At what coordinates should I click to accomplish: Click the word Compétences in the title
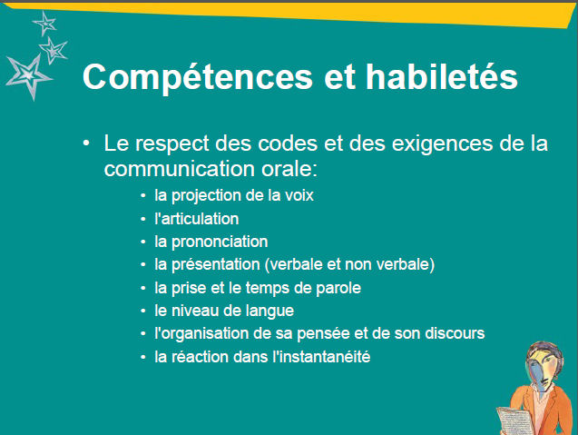coord(198,77)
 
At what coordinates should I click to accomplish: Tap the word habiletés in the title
coord(442,76)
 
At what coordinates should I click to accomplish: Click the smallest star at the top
coord(45,24)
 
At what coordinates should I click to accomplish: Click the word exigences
coord(442,143)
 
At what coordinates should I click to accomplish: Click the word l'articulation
coord(197,219)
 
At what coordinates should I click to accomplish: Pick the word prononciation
coord(220,242)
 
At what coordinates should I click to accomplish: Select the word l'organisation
coord(201,334)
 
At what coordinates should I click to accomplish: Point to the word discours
coord(455,333)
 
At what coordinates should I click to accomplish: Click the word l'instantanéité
coord(321,357)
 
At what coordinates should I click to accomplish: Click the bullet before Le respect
coord(86,143)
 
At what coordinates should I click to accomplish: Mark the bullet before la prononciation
coord(143,242)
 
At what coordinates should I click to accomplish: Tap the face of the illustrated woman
coord(541,369)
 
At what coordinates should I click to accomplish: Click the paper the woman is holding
coord(514,420)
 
